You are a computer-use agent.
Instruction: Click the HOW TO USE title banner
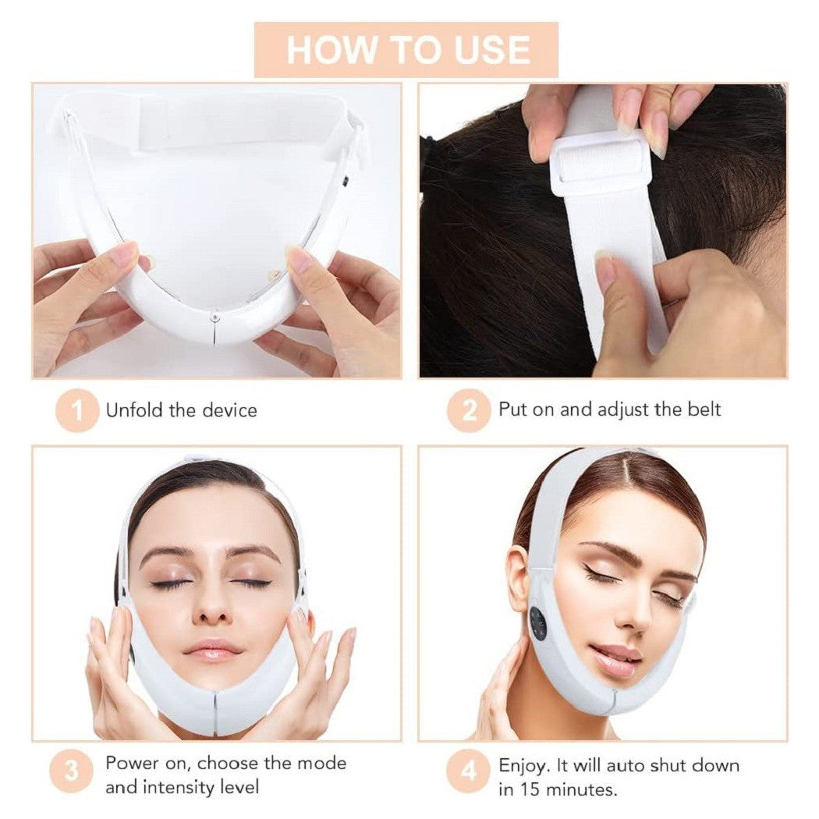point(406,50)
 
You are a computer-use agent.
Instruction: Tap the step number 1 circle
point(77,410)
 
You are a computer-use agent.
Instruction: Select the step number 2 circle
point(469,410)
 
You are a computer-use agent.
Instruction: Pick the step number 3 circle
point(72,771)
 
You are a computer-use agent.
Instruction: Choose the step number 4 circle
point(469,771)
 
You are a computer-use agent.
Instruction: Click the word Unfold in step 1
point(134,409)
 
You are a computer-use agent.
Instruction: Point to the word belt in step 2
point(704,409)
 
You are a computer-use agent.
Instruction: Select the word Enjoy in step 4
point(524,766)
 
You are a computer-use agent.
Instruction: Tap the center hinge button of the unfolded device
point(213,315)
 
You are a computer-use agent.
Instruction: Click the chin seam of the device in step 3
point(214,711)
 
